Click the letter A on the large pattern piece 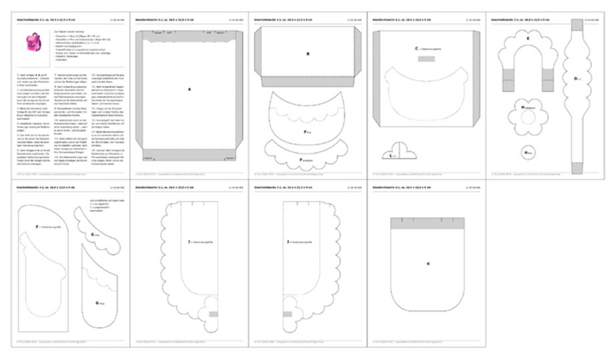pos(189,88)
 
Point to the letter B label pos(307,53)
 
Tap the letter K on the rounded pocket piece pos(427,263)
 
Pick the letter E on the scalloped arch pos(528,39)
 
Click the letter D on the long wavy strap pos(577,79)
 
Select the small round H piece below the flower pos(528,153)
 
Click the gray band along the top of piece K pos(427,222)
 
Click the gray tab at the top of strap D pos(577,25)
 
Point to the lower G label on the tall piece pos(97,303)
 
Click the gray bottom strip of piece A pos(189,158)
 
